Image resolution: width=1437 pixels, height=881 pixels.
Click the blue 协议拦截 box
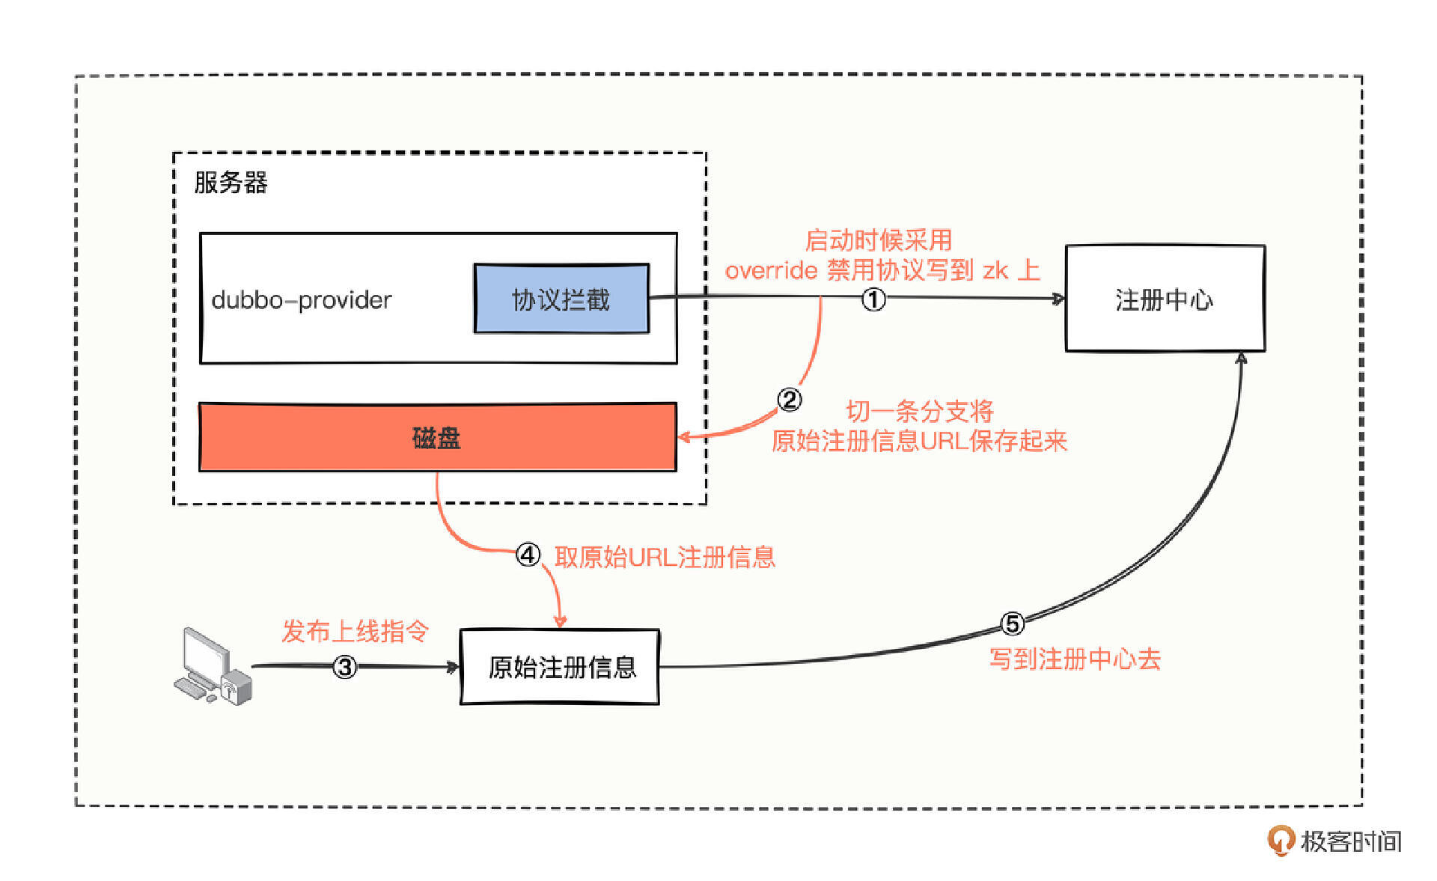(x=561, y=299)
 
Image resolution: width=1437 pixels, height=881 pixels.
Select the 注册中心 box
(x=1165, y=299)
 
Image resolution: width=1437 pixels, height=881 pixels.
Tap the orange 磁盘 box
(x=437, y=438)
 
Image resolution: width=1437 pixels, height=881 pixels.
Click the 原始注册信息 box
(x=560, y=667)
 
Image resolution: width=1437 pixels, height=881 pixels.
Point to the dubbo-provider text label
(x=301, y=300)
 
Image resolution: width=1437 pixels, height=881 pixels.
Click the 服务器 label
(x=231, y=183)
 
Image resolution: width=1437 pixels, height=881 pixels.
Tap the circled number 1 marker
(x=873, y=299)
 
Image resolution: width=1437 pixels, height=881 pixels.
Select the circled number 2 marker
(x=790, y=400)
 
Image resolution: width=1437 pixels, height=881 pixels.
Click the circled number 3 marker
(x=344, y=667)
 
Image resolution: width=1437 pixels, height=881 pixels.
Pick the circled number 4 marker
(x=528, y=555)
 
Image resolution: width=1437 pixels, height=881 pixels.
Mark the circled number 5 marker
(x=1012, y=624)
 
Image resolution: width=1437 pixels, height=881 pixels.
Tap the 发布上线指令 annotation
(x=355, y=631)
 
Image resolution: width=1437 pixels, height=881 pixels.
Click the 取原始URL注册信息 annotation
(x=665, y=557)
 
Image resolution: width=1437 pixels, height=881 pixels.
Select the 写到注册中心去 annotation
(x=1075, y=659)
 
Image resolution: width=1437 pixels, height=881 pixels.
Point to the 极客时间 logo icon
(x=1281, y=840)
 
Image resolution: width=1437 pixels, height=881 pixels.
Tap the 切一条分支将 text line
(x=920, y=411)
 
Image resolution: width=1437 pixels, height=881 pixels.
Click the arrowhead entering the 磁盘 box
(x=683, y=437)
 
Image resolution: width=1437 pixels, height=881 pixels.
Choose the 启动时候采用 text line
(x=878, y=240)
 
